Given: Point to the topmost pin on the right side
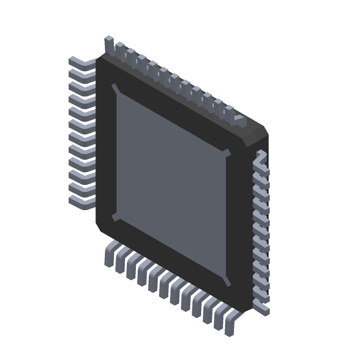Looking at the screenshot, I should click(x=261, y=157).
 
